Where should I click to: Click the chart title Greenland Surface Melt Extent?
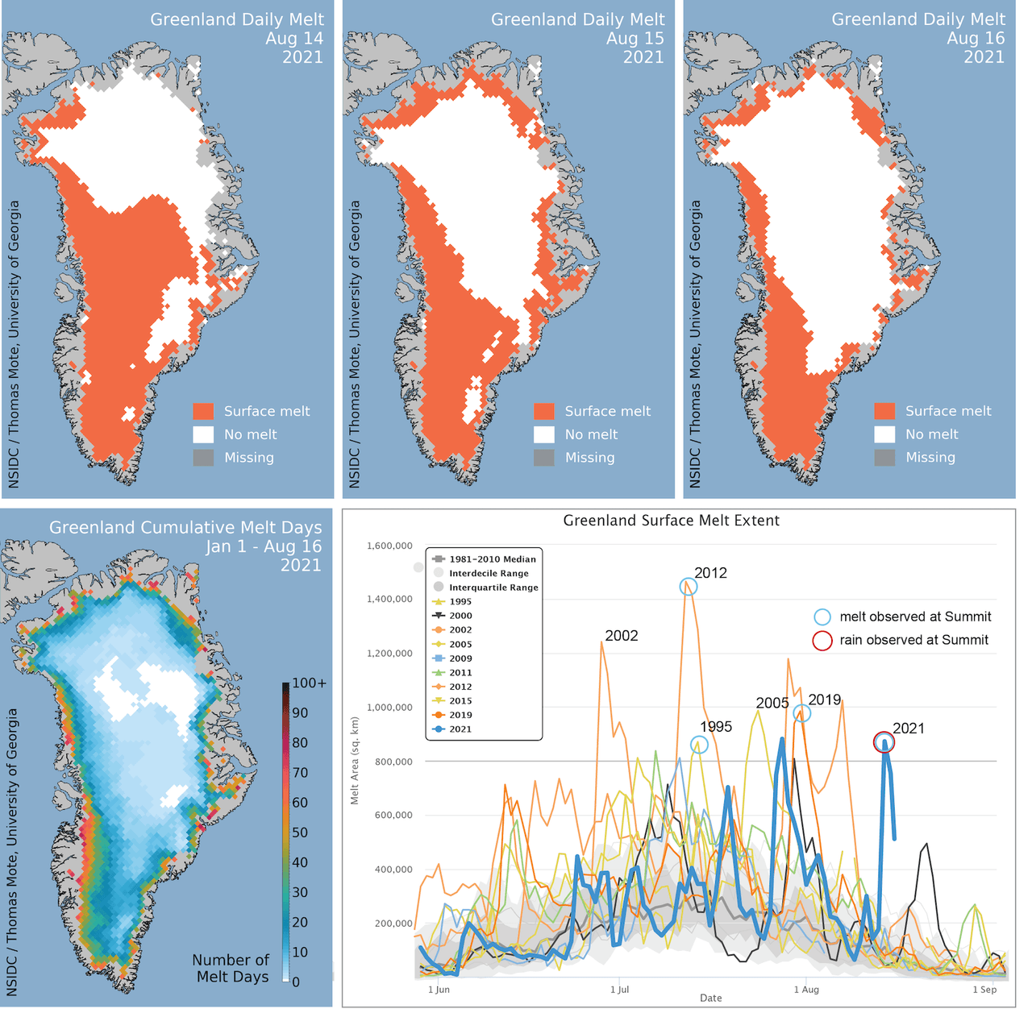click(671, 521)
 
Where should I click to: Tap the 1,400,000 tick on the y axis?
click(390, 599)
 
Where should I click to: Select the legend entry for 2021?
click(460, 729)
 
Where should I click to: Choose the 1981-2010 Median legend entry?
click(492, 558)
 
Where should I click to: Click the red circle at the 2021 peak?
click(884, 742)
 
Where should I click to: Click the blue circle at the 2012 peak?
click(688, 587)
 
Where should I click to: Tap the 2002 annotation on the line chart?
click(621, 636)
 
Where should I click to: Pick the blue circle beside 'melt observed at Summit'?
click(822, 617)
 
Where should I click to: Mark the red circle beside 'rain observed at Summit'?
click(822, 641)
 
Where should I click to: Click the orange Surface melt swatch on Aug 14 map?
click(203, 411)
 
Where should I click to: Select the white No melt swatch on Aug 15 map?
click(544, 434)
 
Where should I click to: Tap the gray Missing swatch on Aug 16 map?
click(884, 457)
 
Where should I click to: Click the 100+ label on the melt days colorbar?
click(310, 683)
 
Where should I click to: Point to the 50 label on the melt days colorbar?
click(300, 832)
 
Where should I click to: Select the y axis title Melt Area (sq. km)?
click(355, 761)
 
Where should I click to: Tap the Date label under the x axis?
click(710, 998)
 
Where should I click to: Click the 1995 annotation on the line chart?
click(715, 727)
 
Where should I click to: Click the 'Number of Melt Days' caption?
click(231, 968)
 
